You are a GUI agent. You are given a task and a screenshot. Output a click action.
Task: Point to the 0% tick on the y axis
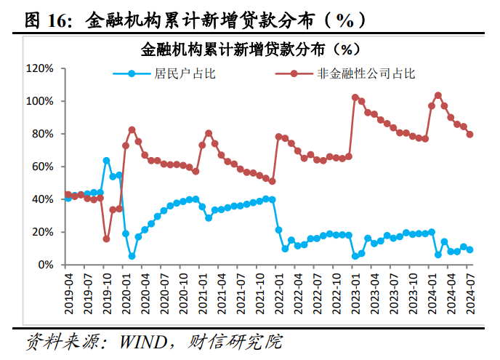pos(44,265)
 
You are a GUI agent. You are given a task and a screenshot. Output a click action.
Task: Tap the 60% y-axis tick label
pos(41,167)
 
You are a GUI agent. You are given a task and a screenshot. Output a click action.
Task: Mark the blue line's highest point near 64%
pos(106,160)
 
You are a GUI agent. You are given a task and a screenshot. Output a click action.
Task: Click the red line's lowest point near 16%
pos(106,239)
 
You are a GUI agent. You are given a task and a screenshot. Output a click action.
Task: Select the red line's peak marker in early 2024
pos(438,95)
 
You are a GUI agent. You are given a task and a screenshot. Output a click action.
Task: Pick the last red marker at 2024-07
pos(470,135)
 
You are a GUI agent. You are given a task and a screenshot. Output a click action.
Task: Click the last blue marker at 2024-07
pos(470,249)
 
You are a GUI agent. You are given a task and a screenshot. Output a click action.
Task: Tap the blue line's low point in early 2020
pos(132,256)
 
